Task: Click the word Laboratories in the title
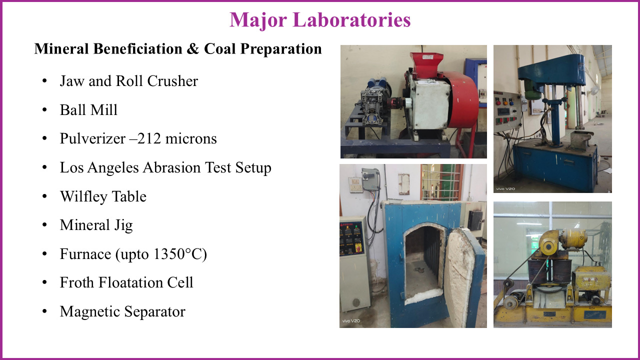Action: coord(351,20)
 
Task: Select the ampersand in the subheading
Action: coord(193,49)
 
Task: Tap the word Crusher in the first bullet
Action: coord(172,81)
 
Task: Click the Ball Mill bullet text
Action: coord(88,109)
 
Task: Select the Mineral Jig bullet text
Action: coord(96,225)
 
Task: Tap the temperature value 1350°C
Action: coord(178,254)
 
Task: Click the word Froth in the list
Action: coord(77,282)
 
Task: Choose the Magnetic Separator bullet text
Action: coord(122,311)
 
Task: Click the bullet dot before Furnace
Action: coord(44,253)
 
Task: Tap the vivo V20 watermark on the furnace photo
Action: coord(351,321)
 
